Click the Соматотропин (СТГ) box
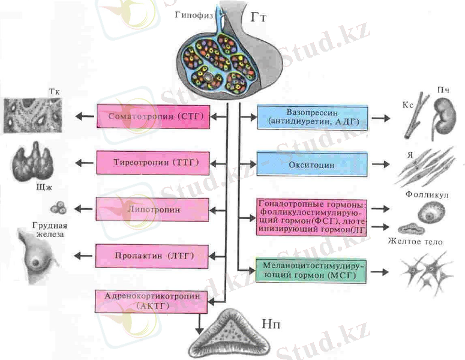coord(154,116)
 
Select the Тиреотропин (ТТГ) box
coord(154,163)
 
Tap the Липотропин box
coord(154,210)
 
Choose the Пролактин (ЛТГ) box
coord(154,256)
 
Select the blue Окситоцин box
coord(312,164)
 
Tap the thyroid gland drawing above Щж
coord(35,159)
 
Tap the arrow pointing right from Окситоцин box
coord(380,164)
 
